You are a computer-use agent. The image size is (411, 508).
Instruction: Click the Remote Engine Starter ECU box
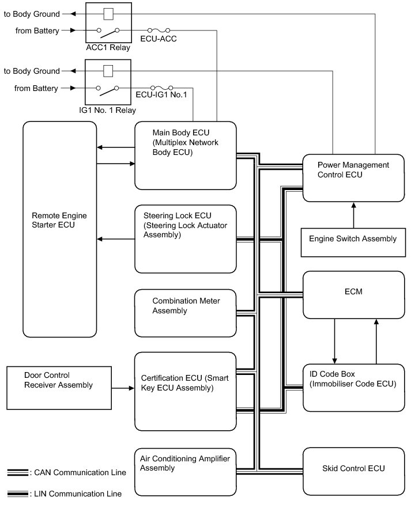click(x=59, y=229)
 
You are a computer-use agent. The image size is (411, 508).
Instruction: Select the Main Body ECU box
click(x=186, y=156)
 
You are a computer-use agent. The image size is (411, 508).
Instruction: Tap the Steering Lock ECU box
click(x=186, y=238)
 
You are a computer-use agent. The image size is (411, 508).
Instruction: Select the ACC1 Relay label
click(x=108, y=47)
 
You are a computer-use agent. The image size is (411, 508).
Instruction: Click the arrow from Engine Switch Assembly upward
click(x=352, y=214)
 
